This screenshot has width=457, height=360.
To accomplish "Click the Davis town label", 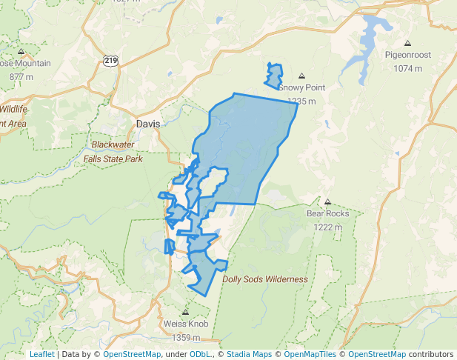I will [x=148, y=124].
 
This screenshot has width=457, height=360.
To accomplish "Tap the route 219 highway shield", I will [x=111, y=61].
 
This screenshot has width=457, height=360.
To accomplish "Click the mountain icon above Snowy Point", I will [x=301, y=76].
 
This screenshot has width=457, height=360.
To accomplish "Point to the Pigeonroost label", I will [x=407, y=55].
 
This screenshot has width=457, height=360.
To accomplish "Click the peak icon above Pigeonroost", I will [x=408, y=43].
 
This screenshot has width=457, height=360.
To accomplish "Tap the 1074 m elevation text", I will [x=407, y=68].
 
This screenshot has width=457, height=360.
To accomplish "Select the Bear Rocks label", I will [x=327, y=213].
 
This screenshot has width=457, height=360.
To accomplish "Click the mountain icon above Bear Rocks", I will [x=327, y=201].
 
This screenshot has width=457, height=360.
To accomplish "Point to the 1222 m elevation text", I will [x=327, y=227].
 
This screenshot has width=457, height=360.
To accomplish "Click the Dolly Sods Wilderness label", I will [x=265, y=279].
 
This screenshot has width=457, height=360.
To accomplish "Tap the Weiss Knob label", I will [x=185, y=324].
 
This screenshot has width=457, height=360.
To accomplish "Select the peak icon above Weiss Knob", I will [x=185, y=313].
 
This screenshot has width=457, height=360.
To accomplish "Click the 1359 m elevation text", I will [x=185, y=337].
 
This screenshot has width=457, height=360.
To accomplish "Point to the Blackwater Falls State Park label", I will [x=113, y=152].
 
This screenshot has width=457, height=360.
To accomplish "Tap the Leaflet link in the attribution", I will [x=41, y=354].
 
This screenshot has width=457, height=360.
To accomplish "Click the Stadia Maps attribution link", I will [x=249, y=354].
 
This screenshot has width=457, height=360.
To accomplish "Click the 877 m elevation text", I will [x=21, y=76].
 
